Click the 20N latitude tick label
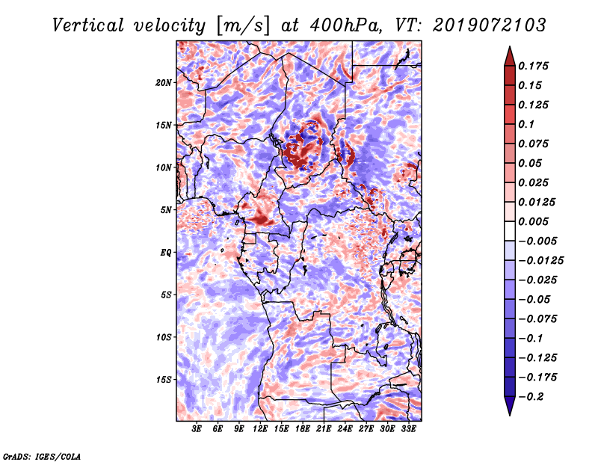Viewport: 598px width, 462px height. click(x=164, y=83)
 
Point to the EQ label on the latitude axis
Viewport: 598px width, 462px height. click(x=166, y=253)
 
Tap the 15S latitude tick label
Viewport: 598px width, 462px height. click(x=164, y=380)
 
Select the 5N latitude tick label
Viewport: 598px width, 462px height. click(x=166, y=210)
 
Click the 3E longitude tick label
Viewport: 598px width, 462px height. click(x=197, y=428)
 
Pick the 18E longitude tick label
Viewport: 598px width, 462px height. click(x=303, y=428)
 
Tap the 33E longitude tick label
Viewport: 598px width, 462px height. click(x=408, y=428)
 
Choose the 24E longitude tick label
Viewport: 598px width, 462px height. click(x=345, y=428)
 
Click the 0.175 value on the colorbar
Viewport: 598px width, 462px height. click(x=533, y=67)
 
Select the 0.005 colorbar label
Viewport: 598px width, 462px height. click(x=533, y=221)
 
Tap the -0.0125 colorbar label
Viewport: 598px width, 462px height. click(x=540, y=261)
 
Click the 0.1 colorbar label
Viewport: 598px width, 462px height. click(x=526, y=124)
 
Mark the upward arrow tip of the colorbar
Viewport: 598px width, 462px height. click(x=510, y=46)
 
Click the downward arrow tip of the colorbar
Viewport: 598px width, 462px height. click(x=510, y=415)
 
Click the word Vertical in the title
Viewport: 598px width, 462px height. click(x=88, y=25)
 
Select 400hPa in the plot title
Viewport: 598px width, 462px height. click(x=346, y=25)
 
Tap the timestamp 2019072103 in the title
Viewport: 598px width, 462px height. click(x=490, y=25)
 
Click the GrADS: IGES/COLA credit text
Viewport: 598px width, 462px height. click(x=42, y=457)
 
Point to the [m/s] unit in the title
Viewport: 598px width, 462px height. click(x=243, y=25)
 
